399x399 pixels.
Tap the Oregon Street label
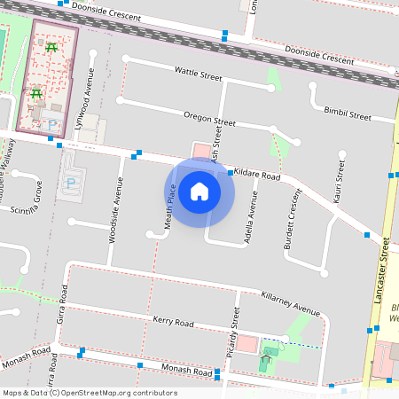209,118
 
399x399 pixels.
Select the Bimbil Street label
348,114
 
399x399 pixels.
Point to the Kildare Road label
258,176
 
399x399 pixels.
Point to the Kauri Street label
337,182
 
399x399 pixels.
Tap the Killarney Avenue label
290,302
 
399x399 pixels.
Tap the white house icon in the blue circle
199,192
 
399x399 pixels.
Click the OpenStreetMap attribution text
90,393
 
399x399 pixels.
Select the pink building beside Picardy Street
247,344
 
